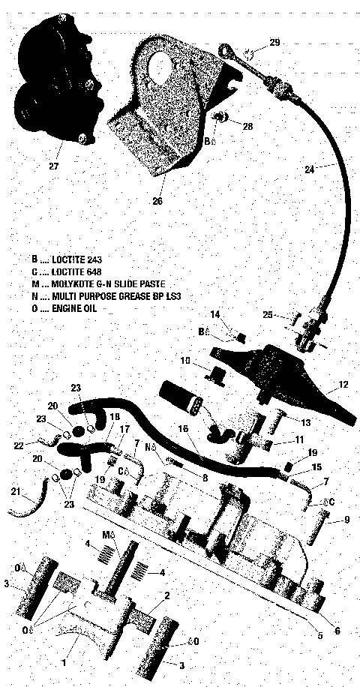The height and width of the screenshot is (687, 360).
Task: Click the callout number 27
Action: click(53, 165)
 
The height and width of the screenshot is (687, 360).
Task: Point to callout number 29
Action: click(274, 42)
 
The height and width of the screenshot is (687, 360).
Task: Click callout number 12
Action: click(343, 385)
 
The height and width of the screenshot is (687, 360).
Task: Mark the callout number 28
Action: click(247, 128)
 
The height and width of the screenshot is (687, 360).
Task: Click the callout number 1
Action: click(64, 664)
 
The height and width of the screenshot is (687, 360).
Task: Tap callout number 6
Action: click(337, 631)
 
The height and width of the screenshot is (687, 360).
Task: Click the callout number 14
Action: click(214, 314)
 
